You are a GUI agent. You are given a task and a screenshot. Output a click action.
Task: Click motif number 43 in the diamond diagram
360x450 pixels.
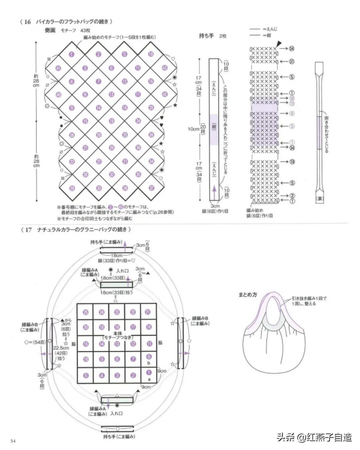(x=58, y=68)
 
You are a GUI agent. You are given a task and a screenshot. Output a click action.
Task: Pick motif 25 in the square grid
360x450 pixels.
(x=86, y=312)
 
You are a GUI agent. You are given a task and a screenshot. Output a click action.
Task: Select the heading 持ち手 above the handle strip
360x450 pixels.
(x=207, y=36)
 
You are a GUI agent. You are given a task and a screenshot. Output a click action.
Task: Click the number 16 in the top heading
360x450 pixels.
(x=28, y=22)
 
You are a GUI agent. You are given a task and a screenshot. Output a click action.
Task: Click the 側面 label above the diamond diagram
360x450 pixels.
(x=50, y=29)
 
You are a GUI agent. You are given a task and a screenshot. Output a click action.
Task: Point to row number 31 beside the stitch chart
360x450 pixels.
(x=291, y=61)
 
